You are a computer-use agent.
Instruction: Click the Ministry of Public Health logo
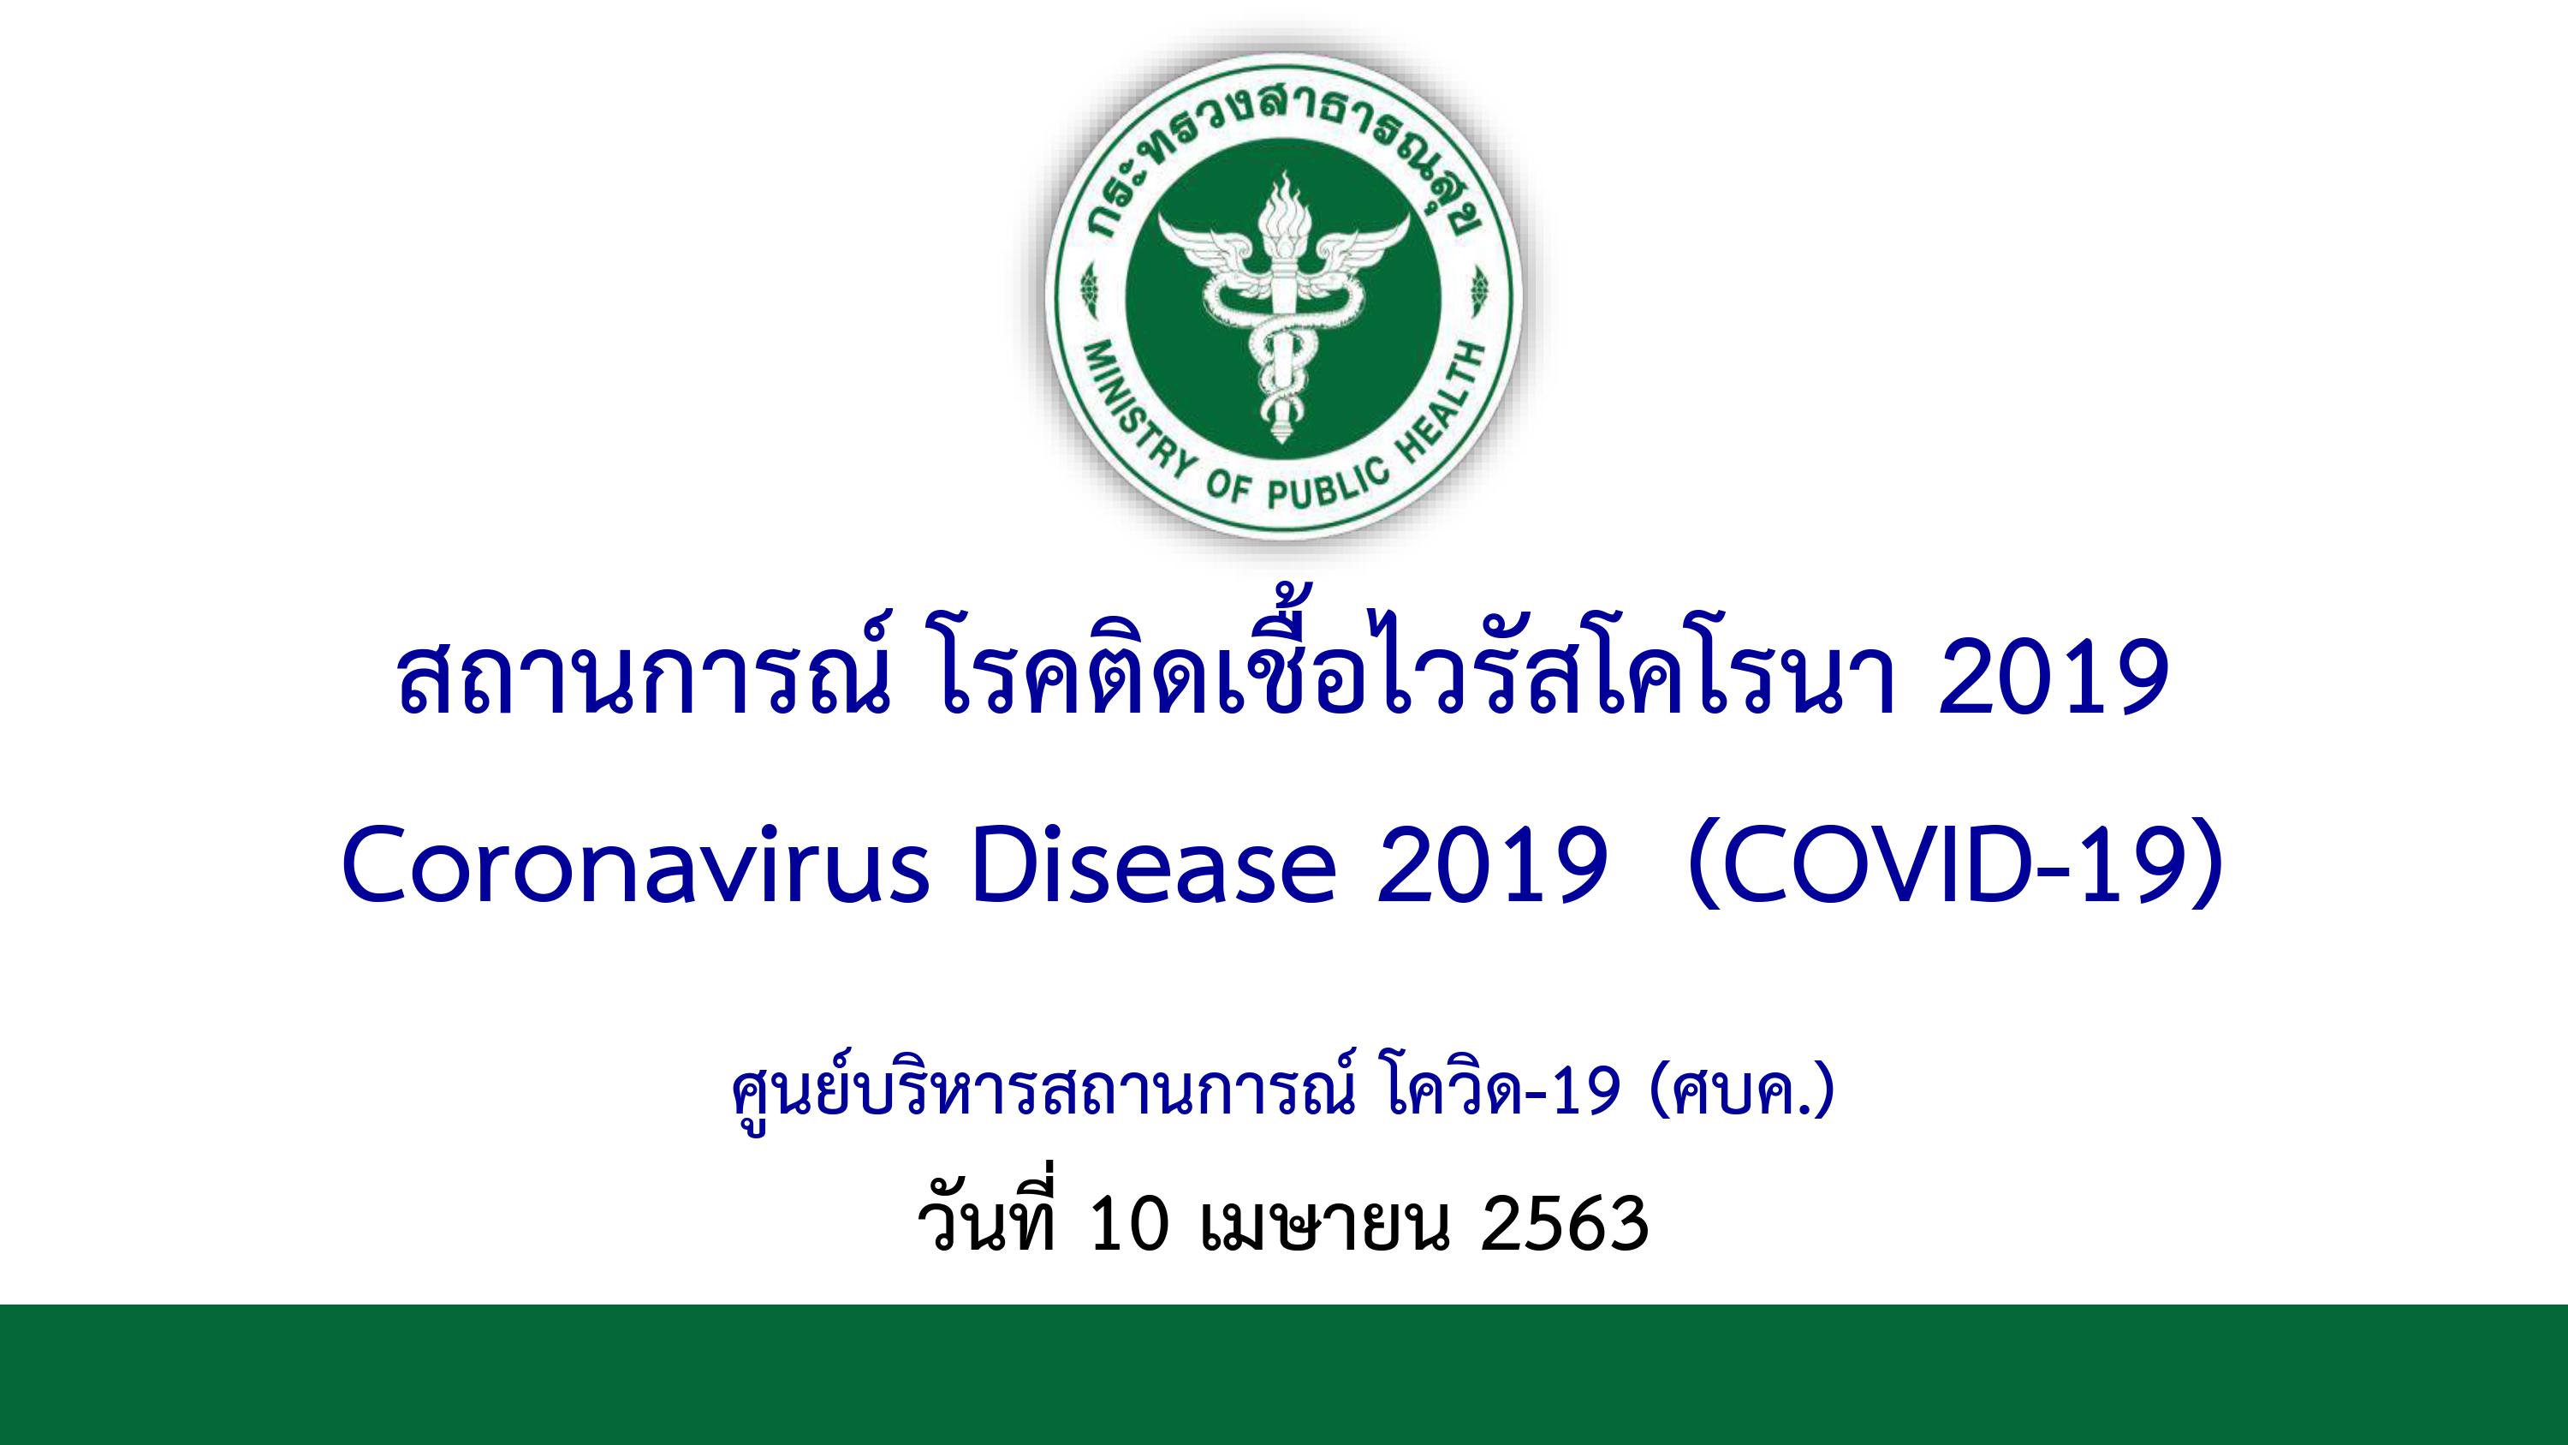click(x=1283, y=296)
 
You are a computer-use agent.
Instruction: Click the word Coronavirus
click(x=635, y=864)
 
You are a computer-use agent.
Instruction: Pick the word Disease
click(x=1152, y=864)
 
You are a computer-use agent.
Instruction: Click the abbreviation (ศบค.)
click(x=1743, y=1089)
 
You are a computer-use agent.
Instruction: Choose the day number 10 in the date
click(x=1128, y=1224)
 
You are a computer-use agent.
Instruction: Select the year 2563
click(x=1564, y=1224)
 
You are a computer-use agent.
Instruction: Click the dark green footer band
click(x=1284, y=1374)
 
